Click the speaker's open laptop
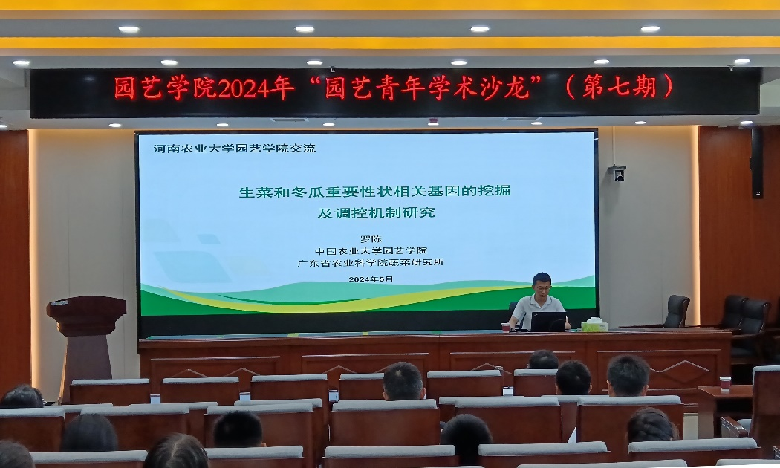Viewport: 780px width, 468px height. coord(548,321)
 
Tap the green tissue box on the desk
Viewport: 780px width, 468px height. coord(594,325)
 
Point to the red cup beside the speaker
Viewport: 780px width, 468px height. coord(506,326)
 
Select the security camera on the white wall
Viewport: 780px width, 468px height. coord(618,173)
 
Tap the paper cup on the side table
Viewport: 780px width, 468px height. coord(725,383)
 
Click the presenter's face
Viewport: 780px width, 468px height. coord(542,285)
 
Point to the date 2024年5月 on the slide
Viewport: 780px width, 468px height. coord(371,279)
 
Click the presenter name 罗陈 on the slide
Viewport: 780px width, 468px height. coord(370,239)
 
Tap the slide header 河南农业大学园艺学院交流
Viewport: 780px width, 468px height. coord(234,148)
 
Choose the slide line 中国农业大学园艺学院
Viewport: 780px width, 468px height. coord(371,250)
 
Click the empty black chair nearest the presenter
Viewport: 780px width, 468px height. coord(677,311)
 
